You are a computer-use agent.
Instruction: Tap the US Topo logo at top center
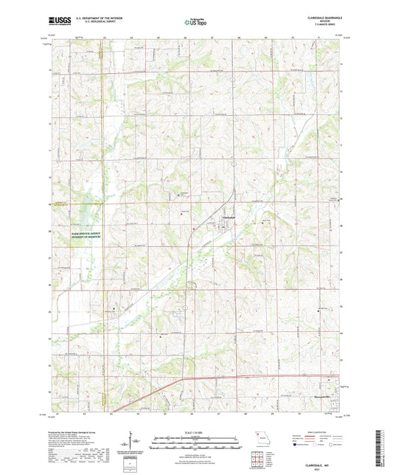pyautogui.click(x=195, y=22)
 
